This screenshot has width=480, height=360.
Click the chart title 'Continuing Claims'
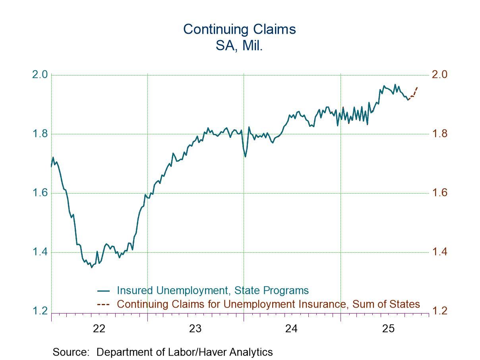pyautogui.click(x=239, y=29)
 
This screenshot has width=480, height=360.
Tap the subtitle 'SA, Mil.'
pyautogui.click(x=239, y=45)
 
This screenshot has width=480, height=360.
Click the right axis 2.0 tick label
pyautogui.click(x=439, y=75)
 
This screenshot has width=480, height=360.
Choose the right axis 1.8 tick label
pyautogui.click(x=439, y=134)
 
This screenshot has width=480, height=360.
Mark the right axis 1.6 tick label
pyautogui.click(x=439, y=193)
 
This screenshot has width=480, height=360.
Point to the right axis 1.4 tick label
pyautogui.click(x=439, y=252)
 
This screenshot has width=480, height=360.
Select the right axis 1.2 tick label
pyautogui.click(x=439, y=311)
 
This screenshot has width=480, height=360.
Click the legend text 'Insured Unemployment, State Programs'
pyautogui.click(x=213, y=290)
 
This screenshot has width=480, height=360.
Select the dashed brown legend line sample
pyautogui.click(x=103, y=304)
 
